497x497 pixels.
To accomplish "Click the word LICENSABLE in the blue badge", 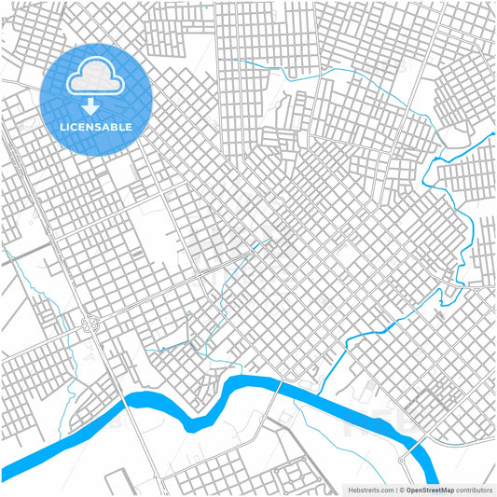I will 96,126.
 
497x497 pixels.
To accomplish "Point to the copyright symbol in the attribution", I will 400,490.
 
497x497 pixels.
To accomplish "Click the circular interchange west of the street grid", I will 92,324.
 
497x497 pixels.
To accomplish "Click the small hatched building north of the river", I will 370,386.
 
